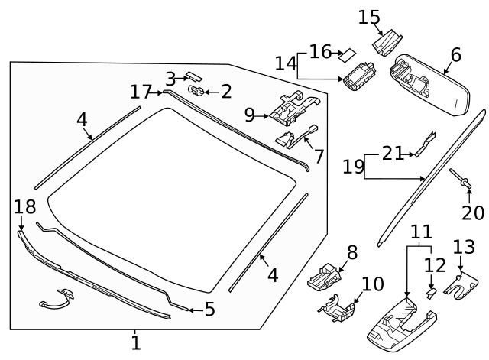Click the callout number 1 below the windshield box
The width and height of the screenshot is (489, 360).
click(x=135, y=343)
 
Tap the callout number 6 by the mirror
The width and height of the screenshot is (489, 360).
click(x=455, y=55)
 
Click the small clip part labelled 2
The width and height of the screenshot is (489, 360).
click(x=195, y=92)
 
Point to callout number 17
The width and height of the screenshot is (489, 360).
click(x=141, y=92)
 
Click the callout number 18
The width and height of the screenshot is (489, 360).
click(x=24, y=206)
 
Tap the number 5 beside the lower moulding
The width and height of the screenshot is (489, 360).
click(x=209, y=310)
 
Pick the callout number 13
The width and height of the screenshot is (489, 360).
click(x=464, y=247)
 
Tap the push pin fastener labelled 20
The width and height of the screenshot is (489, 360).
click(x=464, y=180)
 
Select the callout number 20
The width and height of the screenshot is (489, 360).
click(x=474, y=212)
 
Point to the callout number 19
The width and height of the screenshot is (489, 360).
click(x=353, y=166)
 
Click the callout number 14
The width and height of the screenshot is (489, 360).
click(x=286, y=63)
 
